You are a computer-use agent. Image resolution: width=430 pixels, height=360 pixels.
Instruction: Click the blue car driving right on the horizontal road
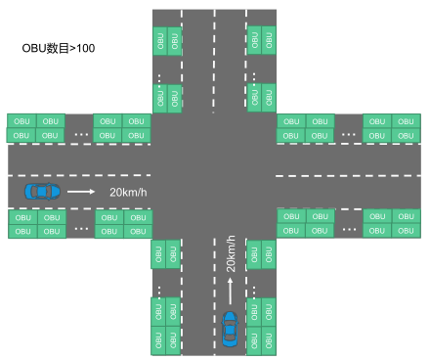[x=42, y=191]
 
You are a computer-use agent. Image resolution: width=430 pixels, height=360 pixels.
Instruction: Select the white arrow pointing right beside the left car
[x=82, y=192]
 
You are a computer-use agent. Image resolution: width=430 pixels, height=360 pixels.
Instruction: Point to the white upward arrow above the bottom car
[x=231, y=289]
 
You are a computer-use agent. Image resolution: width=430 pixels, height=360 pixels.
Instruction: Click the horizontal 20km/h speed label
[x=128, y=192]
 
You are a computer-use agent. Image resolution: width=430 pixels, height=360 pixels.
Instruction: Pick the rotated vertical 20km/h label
[x=232, y=253]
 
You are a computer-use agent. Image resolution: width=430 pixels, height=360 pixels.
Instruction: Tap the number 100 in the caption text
[x=85, y=47]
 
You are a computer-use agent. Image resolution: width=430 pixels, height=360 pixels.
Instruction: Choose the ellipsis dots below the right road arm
[x=348, y=227]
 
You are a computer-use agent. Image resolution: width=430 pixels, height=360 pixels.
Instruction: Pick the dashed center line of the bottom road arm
[x=214, y=313]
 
